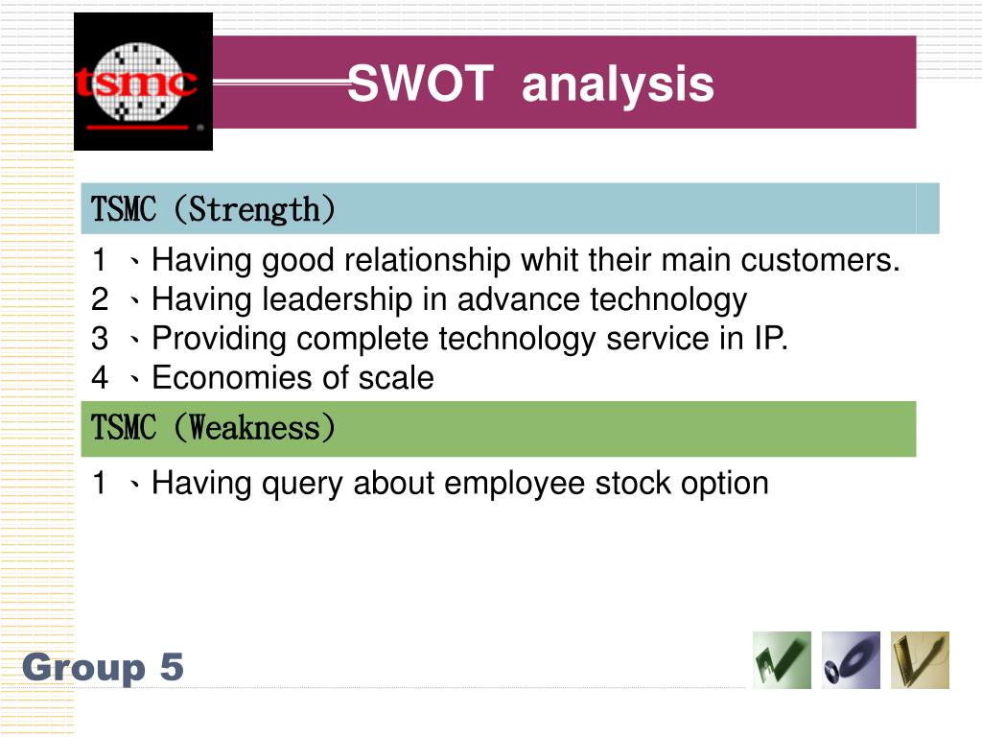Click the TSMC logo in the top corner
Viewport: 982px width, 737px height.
coord(143,82)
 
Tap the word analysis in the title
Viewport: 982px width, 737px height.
coord(618,83)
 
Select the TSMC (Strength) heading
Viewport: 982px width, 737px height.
coord(213,209)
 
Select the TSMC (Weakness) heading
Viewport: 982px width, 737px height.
coord(213,428)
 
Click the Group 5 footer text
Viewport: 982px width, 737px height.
coord(103,667)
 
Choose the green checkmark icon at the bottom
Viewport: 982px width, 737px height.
coord(782,660)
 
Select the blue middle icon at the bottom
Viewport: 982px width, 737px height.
coord(851,660)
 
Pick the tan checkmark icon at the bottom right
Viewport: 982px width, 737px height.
coord(920,660)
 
